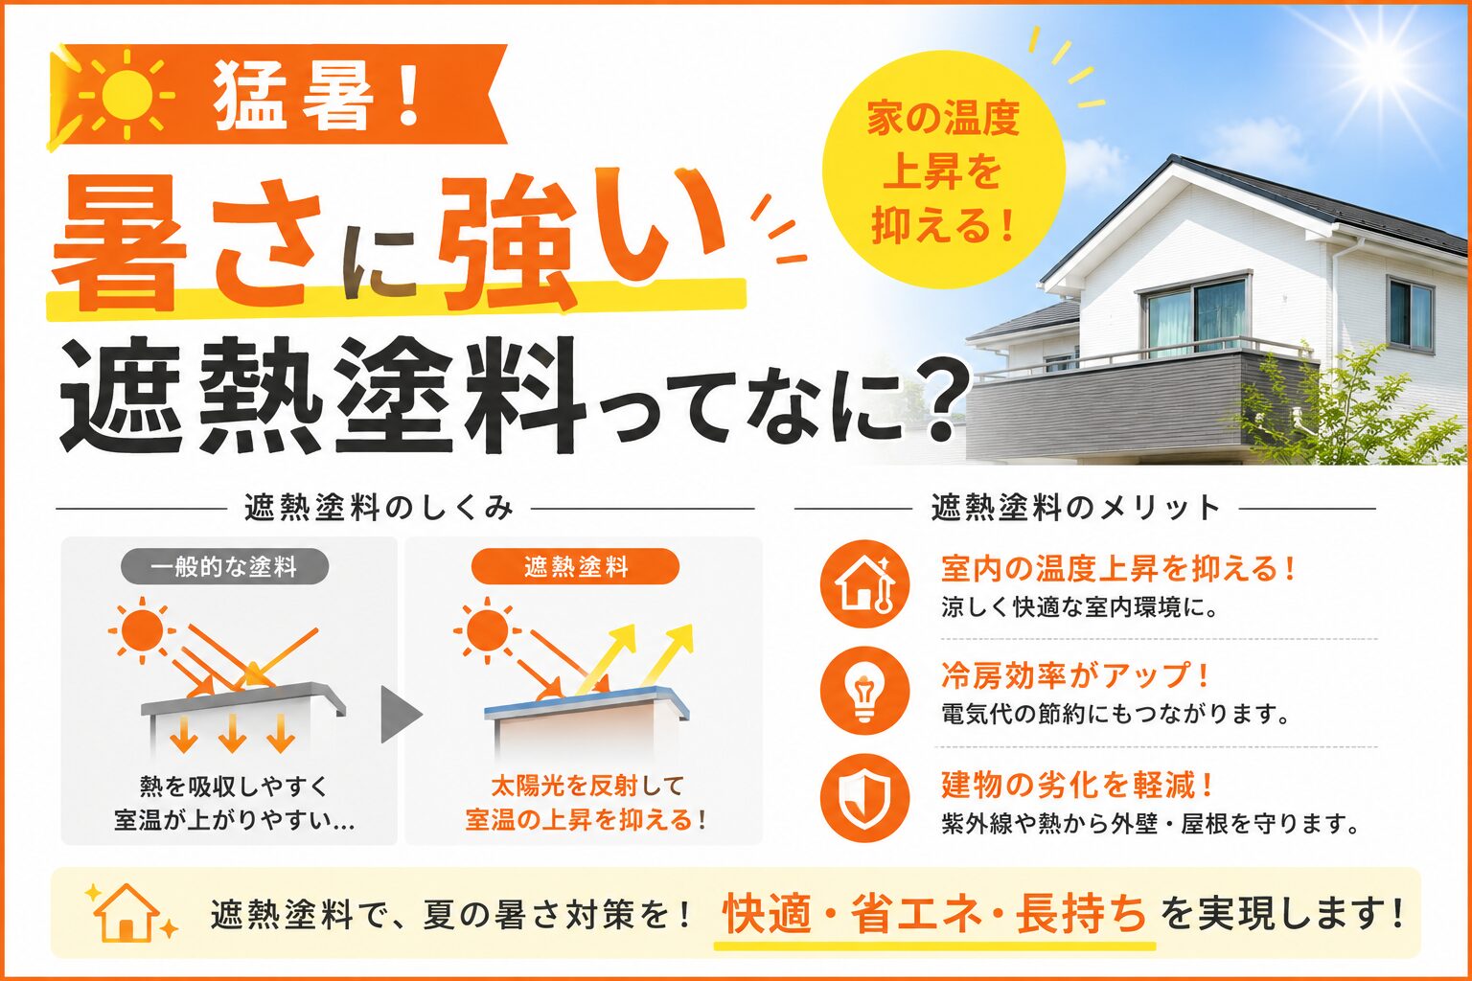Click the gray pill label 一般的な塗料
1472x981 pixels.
pyautogui.click(x=224, y=566)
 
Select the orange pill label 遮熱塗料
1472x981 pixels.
pyautogui.click(x=575, y=566)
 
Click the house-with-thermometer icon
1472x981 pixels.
pyautogui.click(x=865, y=583)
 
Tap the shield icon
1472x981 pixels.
pyautogui.click(x=865, y=798)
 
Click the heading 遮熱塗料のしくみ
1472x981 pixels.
pyautogui.click(x=379, y=508)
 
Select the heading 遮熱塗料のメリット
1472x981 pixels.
pyautogui.click(x=1076, y=508)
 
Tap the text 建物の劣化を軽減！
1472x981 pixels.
pyautogui.click(x=1076, y=785)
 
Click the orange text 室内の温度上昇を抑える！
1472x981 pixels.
pyautogui.click(x=1118, y=568)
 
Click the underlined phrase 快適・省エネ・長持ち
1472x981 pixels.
pyautogui.click(x=934, y=914)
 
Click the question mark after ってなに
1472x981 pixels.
pyautogui.click(x=931, y=400)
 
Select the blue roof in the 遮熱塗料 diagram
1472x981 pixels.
pyautogui.click(x=586, y=702)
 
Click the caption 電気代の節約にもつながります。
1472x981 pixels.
pyautogui.click(x=1115, y=715)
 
